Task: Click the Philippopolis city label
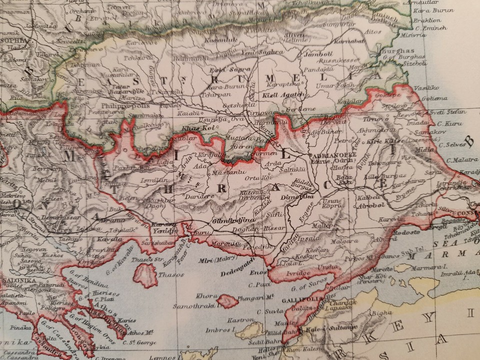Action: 122,106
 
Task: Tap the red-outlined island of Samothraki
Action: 227,301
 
